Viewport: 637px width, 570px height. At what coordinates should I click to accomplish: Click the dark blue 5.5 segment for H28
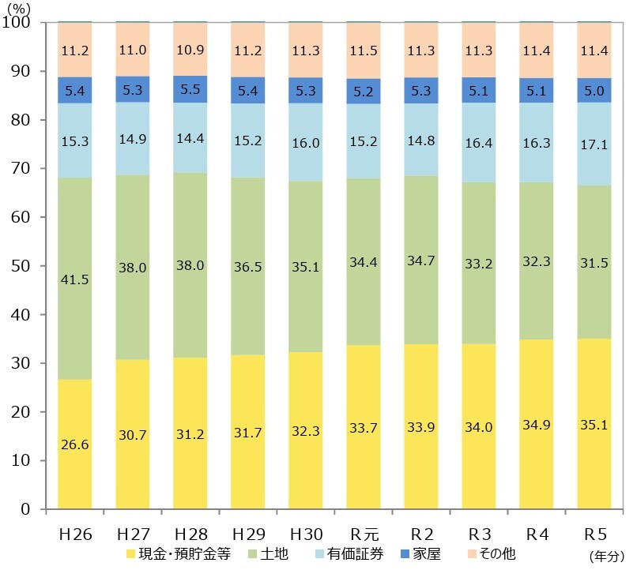(x=190, y=89)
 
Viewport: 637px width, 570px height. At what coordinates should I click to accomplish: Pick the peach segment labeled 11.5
(x=364, y=50)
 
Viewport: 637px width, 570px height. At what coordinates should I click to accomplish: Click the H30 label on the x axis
(x=306, y=534)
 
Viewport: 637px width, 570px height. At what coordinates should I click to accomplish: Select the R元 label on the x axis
(x=364, y=534)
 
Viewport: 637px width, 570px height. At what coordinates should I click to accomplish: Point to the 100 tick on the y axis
(x=17, y=23)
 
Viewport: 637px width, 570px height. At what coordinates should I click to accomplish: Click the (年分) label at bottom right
(x=606, y=557)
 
